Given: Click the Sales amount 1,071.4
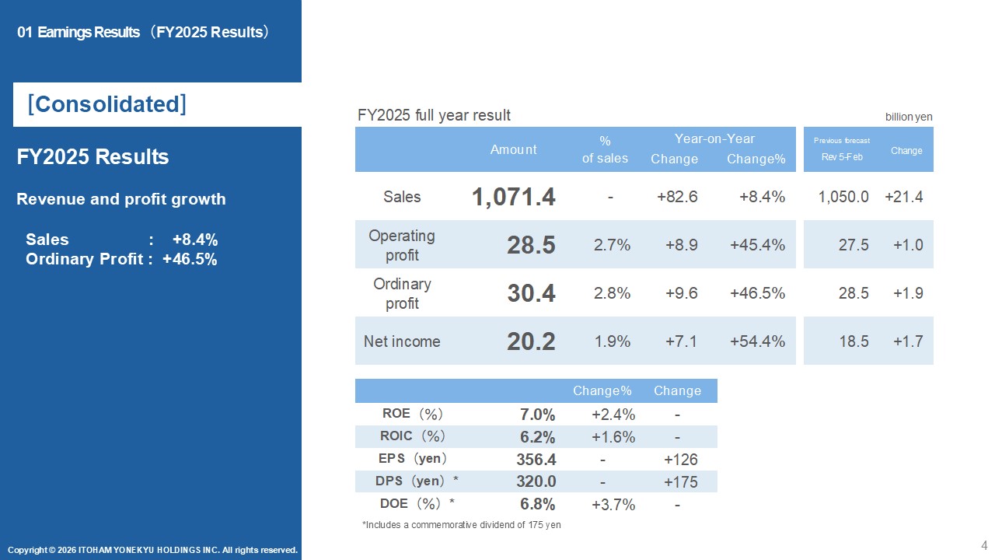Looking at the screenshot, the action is pyautogui.click(x=513, y=197).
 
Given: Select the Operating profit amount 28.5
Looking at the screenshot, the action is pyautogui.click(x=531, y=245).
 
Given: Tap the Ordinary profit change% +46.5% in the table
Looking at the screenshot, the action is pyautogui.click(x=757, y=293).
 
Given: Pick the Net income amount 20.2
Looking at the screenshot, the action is pyautogui.click(x=531, y=341).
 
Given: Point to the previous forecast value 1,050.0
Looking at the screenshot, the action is pyautogui.click(x=843, y=197).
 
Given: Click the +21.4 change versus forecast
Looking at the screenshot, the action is pyautogui.click(x=903, y=197).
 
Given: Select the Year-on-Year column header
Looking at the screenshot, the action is pyautogui.click(x=714, y=138).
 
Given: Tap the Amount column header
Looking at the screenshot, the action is pyautogui.click(x=513, y=149).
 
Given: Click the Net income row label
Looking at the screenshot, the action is pyautogui.click(x=402, y=341).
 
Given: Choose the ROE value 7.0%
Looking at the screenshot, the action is pyautogui.click(x=537, y=415).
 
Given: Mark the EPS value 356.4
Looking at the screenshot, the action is pyautogui.click(x=536, y=459).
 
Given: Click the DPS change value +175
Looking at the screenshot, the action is pyautogui.click(x=680, y=481).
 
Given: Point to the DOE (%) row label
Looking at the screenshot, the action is pyautogui.click(x=417, y=503).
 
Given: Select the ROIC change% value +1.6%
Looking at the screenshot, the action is pyautogui.click(x=613, y=437).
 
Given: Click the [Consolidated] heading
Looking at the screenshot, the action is pyautogui.click(x=106, y=104).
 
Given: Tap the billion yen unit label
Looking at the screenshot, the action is pyautogui.click(x=909, y=117).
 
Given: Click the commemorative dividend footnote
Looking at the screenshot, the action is pyautogui.click(x=461, y=525).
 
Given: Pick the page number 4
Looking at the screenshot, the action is pyautogui.click(x=984, y=545).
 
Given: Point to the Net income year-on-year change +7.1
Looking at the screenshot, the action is pyautogui.click(x=681, y=341).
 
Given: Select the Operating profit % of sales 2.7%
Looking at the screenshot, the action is pyautogui.click(x=612, y=245).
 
